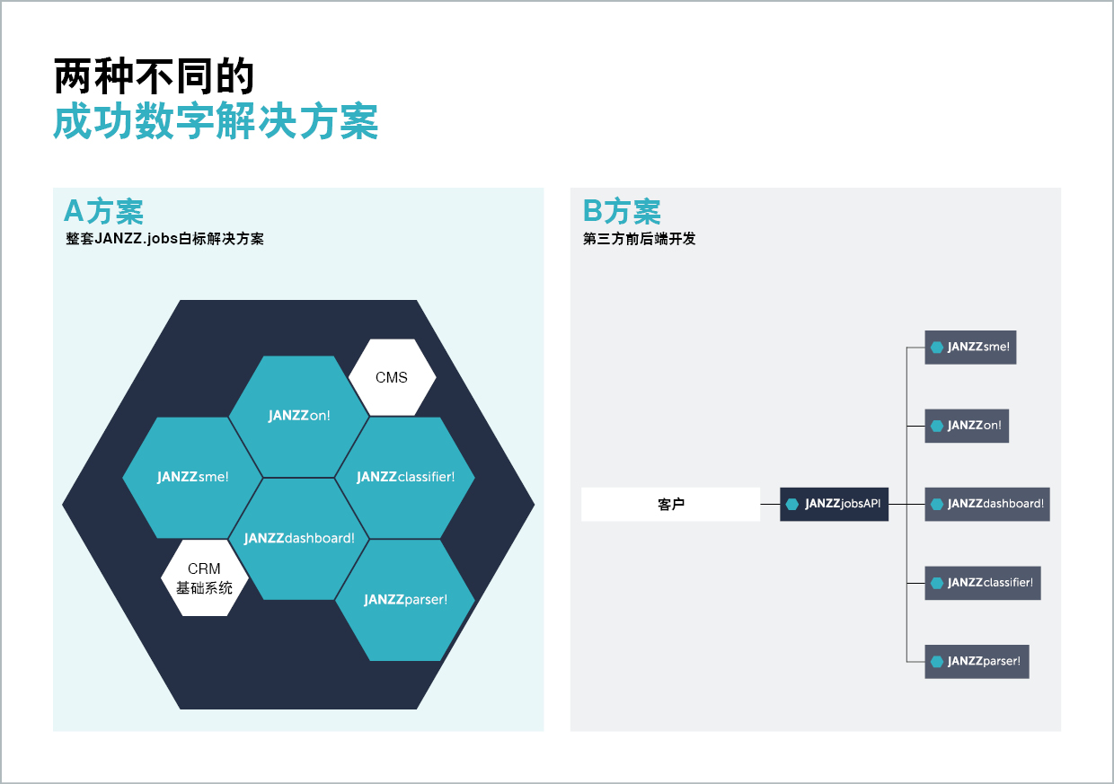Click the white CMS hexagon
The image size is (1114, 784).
pos(392,377)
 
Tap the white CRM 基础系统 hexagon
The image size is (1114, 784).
pos(204,578)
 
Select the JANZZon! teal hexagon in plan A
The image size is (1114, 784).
pos(299,416)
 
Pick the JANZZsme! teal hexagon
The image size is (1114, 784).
pos(192,477)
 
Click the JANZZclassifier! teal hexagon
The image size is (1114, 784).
pos(405,477)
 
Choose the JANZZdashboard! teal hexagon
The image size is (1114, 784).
pos(299,538)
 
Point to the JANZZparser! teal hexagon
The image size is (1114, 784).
pos(405,599)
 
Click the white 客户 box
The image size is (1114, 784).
pos(670,504)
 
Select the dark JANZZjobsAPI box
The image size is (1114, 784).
pos(834,504)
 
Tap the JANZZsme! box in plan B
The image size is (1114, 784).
pos(970,347)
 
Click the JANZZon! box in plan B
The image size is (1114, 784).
pos(967,426)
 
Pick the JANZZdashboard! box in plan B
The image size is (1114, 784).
pos(987,504)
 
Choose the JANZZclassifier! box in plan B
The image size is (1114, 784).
pos(983,583)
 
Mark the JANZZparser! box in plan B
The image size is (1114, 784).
pos(977,661)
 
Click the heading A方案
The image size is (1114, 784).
pos(103,212)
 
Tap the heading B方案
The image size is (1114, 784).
pos(622,212)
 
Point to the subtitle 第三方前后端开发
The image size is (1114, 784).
pos(639,239)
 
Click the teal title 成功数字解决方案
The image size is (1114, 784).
pos(216,122)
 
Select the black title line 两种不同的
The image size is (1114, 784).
pos(155,77)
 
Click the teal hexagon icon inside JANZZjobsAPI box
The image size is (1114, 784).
pos(792,504)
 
